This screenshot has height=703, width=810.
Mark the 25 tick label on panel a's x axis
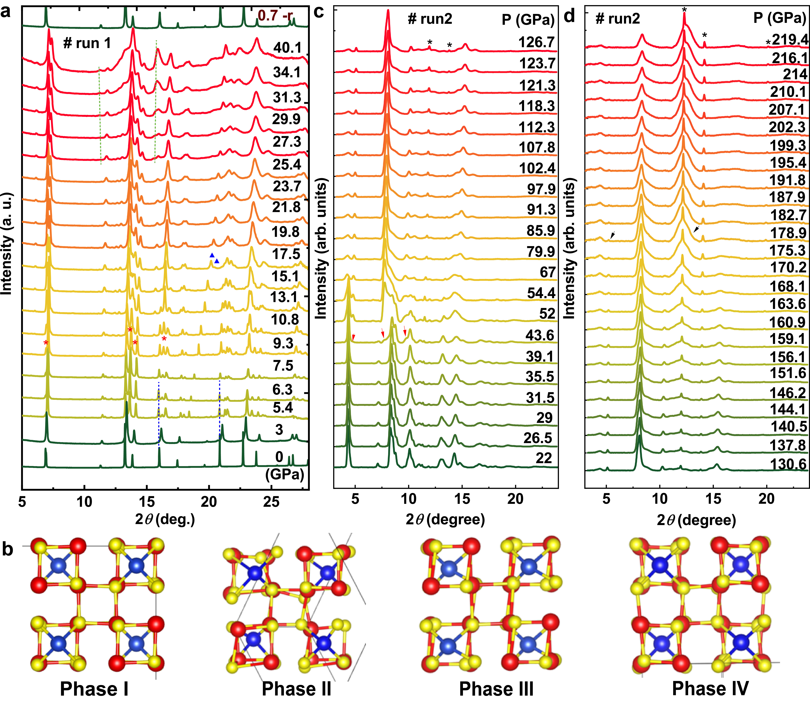click(x=271, y=501)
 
